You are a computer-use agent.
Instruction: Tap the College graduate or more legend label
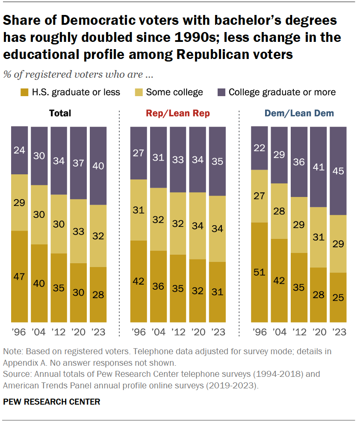pyautogui.click(x=282, y=92)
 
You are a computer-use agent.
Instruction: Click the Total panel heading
pyautogui.click(x=60, y=113)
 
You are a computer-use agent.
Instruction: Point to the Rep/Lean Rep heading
pyautogui.click(x=178, y=113)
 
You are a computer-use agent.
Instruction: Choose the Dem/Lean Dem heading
pyautogui.click(x=299, y=113)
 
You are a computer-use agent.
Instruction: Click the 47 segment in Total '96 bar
pyautogui.click(x=19, y=276)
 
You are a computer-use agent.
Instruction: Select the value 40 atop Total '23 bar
pyautogui.click(x=99, y=166)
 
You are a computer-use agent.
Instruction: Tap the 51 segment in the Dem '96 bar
pyautogui.click(x=259, y=272)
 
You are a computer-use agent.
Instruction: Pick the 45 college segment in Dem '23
pyautogui.click(x=338, y=171)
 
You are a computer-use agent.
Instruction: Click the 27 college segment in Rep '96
pyautogui.click(x=139, y=153)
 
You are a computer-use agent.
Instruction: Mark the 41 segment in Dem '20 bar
pyautogui.click(x=319, y=167)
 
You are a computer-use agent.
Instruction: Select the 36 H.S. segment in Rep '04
pyautogui.click(x=158, y=286)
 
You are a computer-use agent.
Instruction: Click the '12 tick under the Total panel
pyautogui.click(x=59, y=332)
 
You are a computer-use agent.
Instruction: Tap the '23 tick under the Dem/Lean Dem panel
pyautogui.click(x=338, y=332)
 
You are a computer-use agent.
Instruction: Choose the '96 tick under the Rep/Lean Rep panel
pyautogui.click(x=139, y=332)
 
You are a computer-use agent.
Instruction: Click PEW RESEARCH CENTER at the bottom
pyautogui.click(x=51, y=402)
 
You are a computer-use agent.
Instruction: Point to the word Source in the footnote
pyautogui.click(x=15, y=374)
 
